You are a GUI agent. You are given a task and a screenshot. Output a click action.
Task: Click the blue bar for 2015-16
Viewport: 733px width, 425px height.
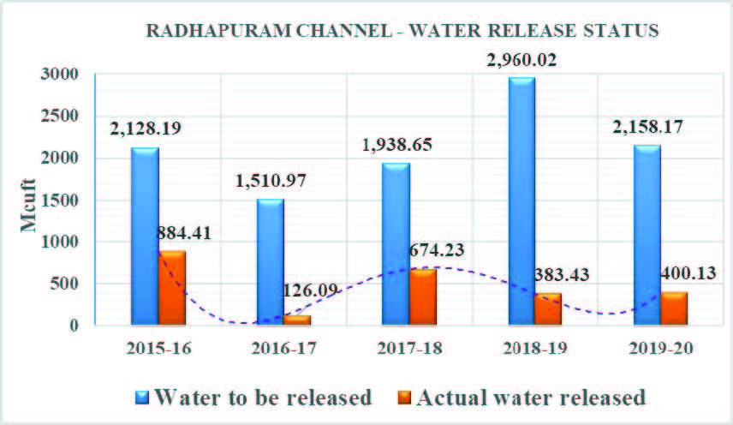(x=145, y=236)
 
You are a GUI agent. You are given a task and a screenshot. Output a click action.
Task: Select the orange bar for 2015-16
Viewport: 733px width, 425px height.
(x=172, y=288)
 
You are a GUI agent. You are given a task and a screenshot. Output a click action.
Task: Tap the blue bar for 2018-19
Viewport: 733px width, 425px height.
(x=521, y=201)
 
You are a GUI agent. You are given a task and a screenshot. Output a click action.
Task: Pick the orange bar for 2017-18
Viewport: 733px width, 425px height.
(x=423, y=296)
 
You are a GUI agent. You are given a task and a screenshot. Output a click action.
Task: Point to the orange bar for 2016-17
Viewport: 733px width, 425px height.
(x=297, y=320)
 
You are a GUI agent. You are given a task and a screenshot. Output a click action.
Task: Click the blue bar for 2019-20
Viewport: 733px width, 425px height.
(x=647, y=235)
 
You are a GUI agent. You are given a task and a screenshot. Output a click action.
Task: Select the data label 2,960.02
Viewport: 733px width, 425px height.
(x=521, y=60)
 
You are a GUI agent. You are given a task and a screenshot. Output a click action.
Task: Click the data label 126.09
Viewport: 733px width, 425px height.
(x=310, y=290)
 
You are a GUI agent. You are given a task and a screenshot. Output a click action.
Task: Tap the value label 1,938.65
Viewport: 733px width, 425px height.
(x=396, y=145)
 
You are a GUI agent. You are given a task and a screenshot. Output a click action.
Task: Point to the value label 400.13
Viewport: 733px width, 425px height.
(x=688, y=272)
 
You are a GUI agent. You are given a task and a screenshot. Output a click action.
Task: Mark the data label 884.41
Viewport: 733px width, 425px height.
(x=184, y=233)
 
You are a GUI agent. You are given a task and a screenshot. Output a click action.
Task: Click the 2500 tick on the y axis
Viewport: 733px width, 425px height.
(x=59, y=116)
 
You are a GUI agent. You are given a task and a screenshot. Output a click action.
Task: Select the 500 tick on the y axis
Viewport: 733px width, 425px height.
(x=64, y=284)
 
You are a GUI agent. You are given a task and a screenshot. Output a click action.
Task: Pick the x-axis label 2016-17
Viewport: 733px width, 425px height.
(x=284, y=349)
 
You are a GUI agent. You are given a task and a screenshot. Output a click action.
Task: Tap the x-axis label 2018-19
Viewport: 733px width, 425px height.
(x=535, y=349)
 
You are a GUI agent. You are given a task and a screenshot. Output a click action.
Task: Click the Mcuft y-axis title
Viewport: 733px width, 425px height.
(x=28, y=206)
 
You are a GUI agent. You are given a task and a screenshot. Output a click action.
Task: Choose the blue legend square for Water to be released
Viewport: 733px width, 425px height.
(x=143, y=398)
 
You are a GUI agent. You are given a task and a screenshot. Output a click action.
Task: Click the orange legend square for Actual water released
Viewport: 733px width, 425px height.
(x=404, y=398)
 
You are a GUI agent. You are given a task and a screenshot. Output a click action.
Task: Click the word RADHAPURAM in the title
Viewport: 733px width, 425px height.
(x=218, y=31)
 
